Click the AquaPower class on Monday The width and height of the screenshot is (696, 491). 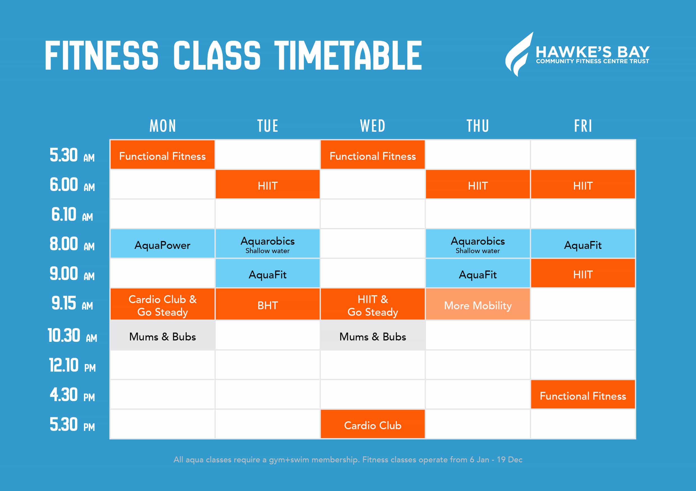point(162,244)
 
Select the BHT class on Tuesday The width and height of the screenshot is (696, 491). point(267,304)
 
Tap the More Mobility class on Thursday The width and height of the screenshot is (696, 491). point(478,304)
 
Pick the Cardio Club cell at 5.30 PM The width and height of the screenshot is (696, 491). point(372,424)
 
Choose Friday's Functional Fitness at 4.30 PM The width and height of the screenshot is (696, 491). point(583,394)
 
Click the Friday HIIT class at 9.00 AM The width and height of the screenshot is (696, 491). point(583,273)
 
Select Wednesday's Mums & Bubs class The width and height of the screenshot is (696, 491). point(372,335)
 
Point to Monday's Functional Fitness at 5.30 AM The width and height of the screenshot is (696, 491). point(162,154)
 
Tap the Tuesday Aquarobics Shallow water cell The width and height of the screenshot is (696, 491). point(267,244)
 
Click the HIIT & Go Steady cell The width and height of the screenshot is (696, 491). point(372,304)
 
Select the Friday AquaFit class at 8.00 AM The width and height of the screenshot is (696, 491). point(583,244)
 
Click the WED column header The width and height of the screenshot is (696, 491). point(372,126)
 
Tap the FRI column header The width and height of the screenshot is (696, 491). point(583,126)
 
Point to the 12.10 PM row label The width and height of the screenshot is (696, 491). point(72,365)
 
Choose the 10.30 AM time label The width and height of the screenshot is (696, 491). point(72,336)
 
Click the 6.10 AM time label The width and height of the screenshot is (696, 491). point(72,214)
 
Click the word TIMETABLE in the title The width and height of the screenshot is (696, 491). point(348,56)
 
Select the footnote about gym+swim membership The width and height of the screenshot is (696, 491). point(348,460)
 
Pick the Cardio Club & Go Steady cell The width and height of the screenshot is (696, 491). point(162,304)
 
